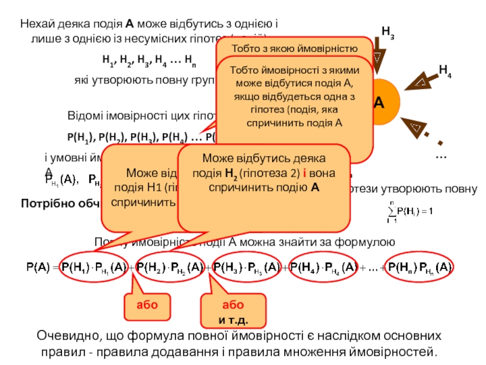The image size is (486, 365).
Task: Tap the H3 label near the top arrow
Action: pos(387,31)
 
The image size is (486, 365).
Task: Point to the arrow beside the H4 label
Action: pos(420,80)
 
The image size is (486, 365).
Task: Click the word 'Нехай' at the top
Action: pos(35,25)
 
